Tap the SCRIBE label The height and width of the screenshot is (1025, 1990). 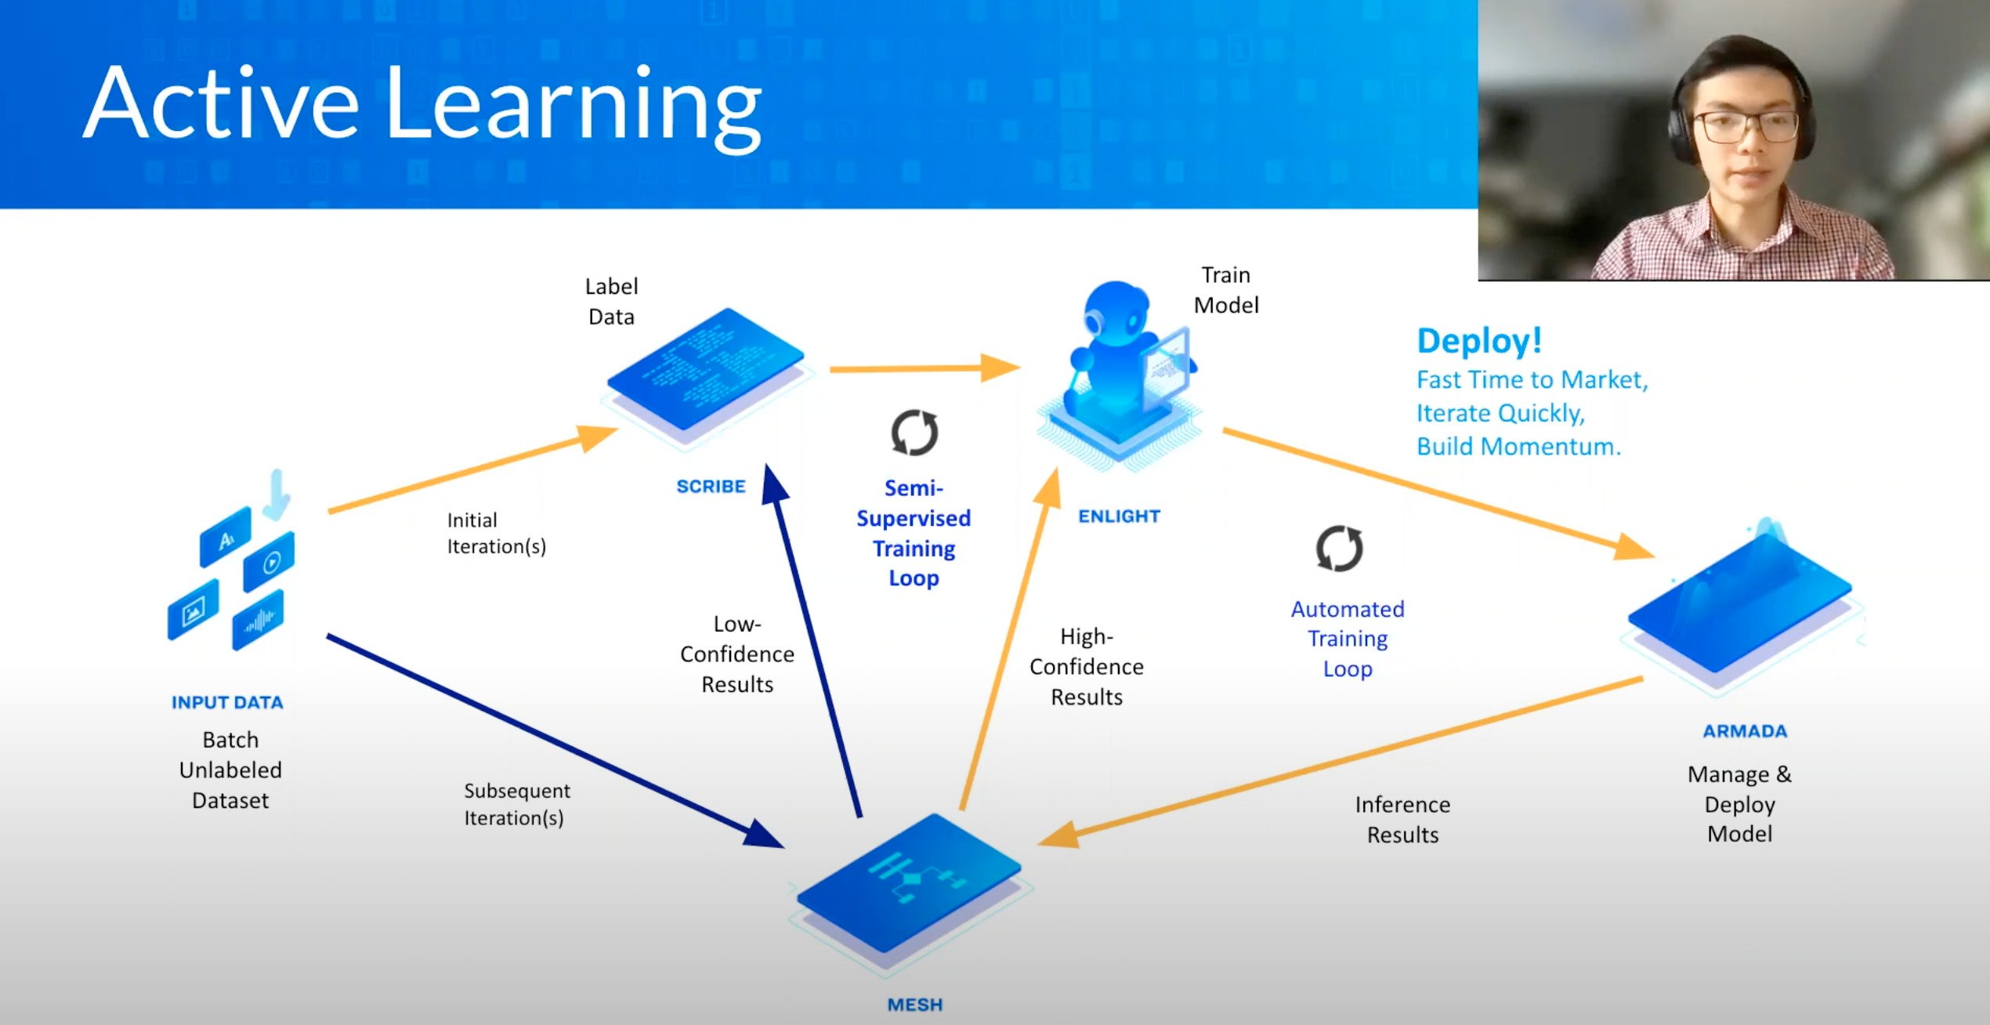(711, 487)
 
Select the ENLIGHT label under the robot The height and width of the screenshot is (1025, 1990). (1119, 516)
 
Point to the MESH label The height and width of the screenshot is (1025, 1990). (914, 1005)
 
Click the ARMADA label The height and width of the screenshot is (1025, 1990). (1745, 731)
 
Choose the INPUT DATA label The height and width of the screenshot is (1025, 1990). (227, 702)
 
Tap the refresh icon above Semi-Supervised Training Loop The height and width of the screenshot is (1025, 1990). (914, 433)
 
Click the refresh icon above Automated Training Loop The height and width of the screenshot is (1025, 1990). (1339, 548)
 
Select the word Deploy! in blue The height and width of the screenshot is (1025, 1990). (1479, 341)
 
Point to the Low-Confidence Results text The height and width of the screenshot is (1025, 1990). (736, 654)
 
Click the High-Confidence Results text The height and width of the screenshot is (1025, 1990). (1086, 667)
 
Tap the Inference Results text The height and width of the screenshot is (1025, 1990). (1402, 820)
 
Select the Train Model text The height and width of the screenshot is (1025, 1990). (1226, 290)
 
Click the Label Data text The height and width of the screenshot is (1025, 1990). (611, 302)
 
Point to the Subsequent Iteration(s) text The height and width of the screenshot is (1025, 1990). (516, 804)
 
